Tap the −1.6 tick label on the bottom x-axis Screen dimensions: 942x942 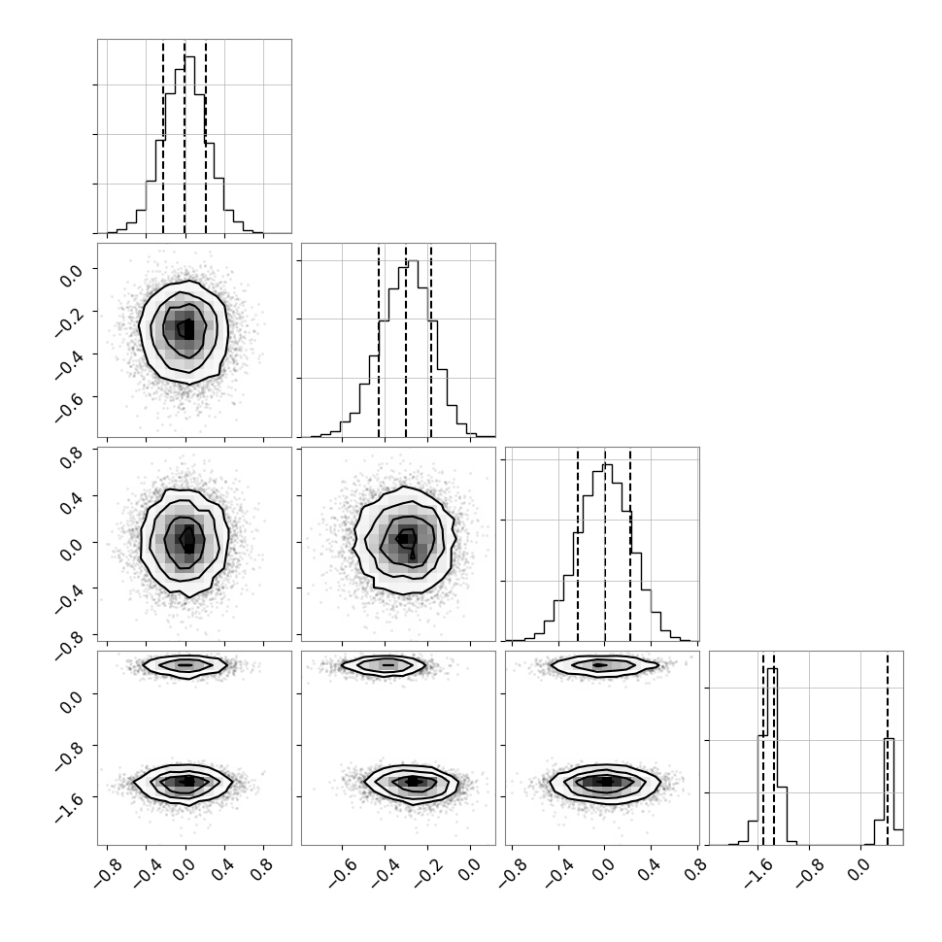click(x=758, y=873)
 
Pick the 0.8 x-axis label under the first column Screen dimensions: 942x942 click(x=262, y=870)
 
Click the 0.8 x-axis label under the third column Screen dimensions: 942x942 click(x=696, y=870)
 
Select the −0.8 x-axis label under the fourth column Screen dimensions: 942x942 click(x=810, y=873)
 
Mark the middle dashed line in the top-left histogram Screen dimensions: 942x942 click(x=185, y=136)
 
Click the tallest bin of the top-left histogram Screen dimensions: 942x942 click(x=189, y=145)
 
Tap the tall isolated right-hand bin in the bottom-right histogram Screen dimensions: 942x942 click(x=889, y=791)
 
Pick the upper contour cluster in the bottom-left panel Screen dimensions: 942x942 click(x=185, y=665)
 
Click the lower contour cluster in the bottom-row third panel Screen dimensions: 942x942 click(x=606, y=782)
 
